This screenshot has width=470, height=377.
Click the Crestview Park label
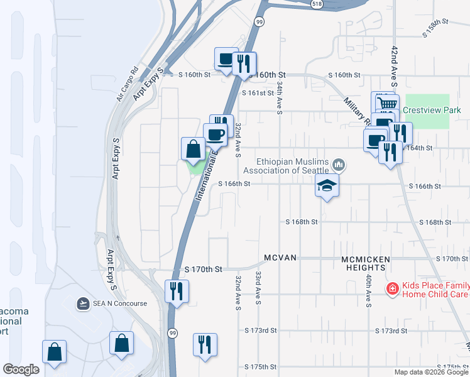(432, 110)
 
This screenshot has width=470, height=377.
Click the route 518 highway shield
(317, 4)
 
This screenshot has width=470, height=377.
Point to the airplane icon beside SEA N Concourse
(82, 303)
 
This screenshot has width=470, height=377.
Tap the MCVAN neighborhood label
(280, 258)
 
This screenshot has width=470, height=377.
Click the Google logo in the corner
(21, 369)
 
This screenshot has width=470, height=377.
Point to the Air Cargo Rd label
(127, 85)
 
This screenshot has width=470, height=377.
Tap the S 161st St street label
(258, 92)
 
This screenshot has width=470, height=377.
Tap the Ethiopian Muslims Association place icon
(339, 165)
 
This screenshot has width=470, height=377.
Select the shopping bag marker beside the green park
(193, 150)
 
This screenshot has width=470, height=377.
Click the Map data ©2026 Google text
(431, 372)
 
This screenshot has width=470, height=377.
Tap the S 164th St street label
(420, 148)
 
